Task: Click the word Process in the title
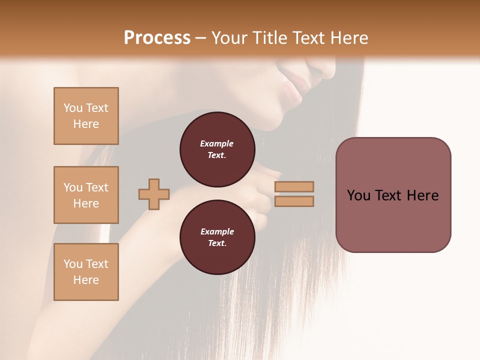coord(157,38)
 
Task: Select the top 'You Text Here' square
coord(86,116)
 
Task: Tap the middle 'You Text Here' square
coord(86,195)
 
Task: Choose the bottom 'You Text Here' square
coord(86,272)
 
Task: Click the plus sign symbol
coord(154,194)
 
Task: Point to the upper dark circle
coord(217,149)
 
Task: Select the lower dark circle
coord(217,237)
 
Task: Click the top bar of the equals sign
coord(294,186)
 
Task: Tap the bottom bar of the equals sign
coord(294,201)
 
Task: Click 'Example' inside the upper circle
coord(217,143)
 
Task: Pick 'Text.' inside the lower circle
coord(217,243)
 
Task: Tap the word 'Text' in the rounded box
coord(392,195)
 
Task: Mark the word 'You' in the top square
coord(72,108)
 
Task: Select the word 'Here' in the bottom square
coord(86,280)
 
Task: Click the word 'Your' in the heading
coord(230,38)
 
